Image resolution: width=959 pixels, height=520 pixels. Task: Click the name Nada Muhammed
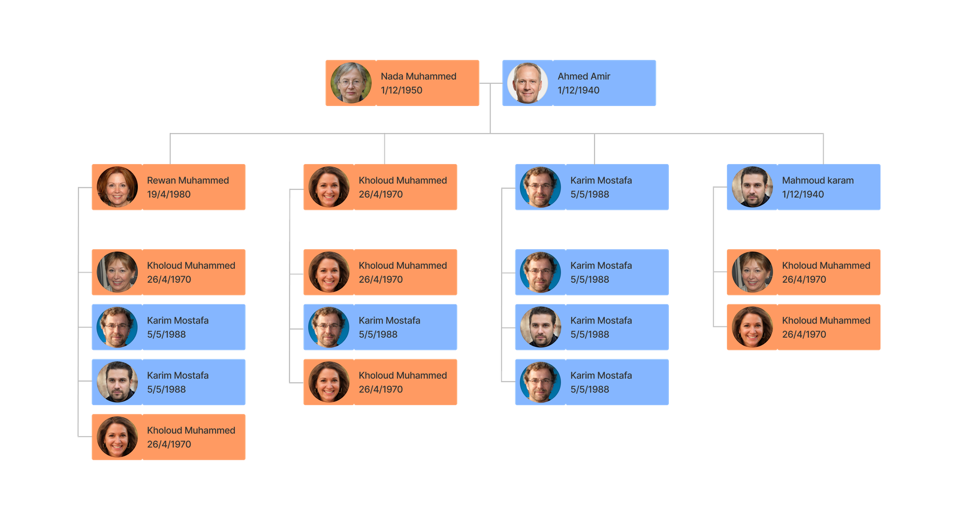418,76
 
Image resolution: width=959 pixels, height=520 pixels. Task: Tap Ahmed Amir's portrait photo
527,83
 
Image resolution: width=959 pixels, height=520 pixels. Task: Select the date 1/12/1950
401,90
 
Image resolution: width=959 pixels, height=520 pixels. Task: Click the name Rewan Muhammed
188,180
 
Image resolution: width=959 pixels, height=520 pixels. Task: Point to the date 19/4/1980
168,194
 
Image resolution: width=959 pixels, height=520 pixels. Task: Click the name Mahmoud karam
818,180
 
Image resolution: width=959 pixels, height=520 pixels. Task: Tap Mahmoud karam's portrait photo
752,187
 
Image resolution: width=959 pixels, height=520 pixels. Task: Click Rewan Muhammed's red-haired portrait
117,187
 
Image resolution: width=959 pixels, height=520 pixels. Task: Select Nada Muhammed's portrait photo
351,83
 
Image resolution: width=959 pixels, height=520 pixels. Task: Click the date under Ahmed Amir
578,90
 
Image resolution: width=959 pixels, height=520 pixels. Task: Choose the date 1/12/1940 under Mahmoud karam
803,194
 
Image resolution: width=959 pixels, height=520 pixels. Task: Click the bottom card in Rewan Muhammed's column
168,437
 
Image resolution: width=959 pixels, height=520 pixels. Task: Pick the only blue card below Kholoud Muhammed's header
380,327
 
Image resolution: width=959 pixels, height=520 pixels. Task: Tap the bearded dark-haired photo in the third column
541,327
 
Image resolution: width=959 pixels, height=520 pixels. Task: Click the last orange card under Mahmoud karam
803,327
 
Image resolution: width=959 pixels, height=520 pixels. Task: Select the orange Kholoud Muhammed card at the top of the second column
380,187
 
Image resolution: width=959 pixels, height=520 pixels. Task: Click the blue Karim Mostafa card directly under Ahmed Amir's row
592,187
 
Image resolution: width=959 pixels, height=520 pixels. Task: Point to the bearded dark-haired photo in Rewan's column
117,382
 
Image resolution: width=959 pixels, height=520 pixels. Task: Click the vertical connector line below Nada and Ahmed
490,114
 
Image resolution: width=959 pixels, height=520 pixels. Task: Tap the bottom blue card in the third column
592,382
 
